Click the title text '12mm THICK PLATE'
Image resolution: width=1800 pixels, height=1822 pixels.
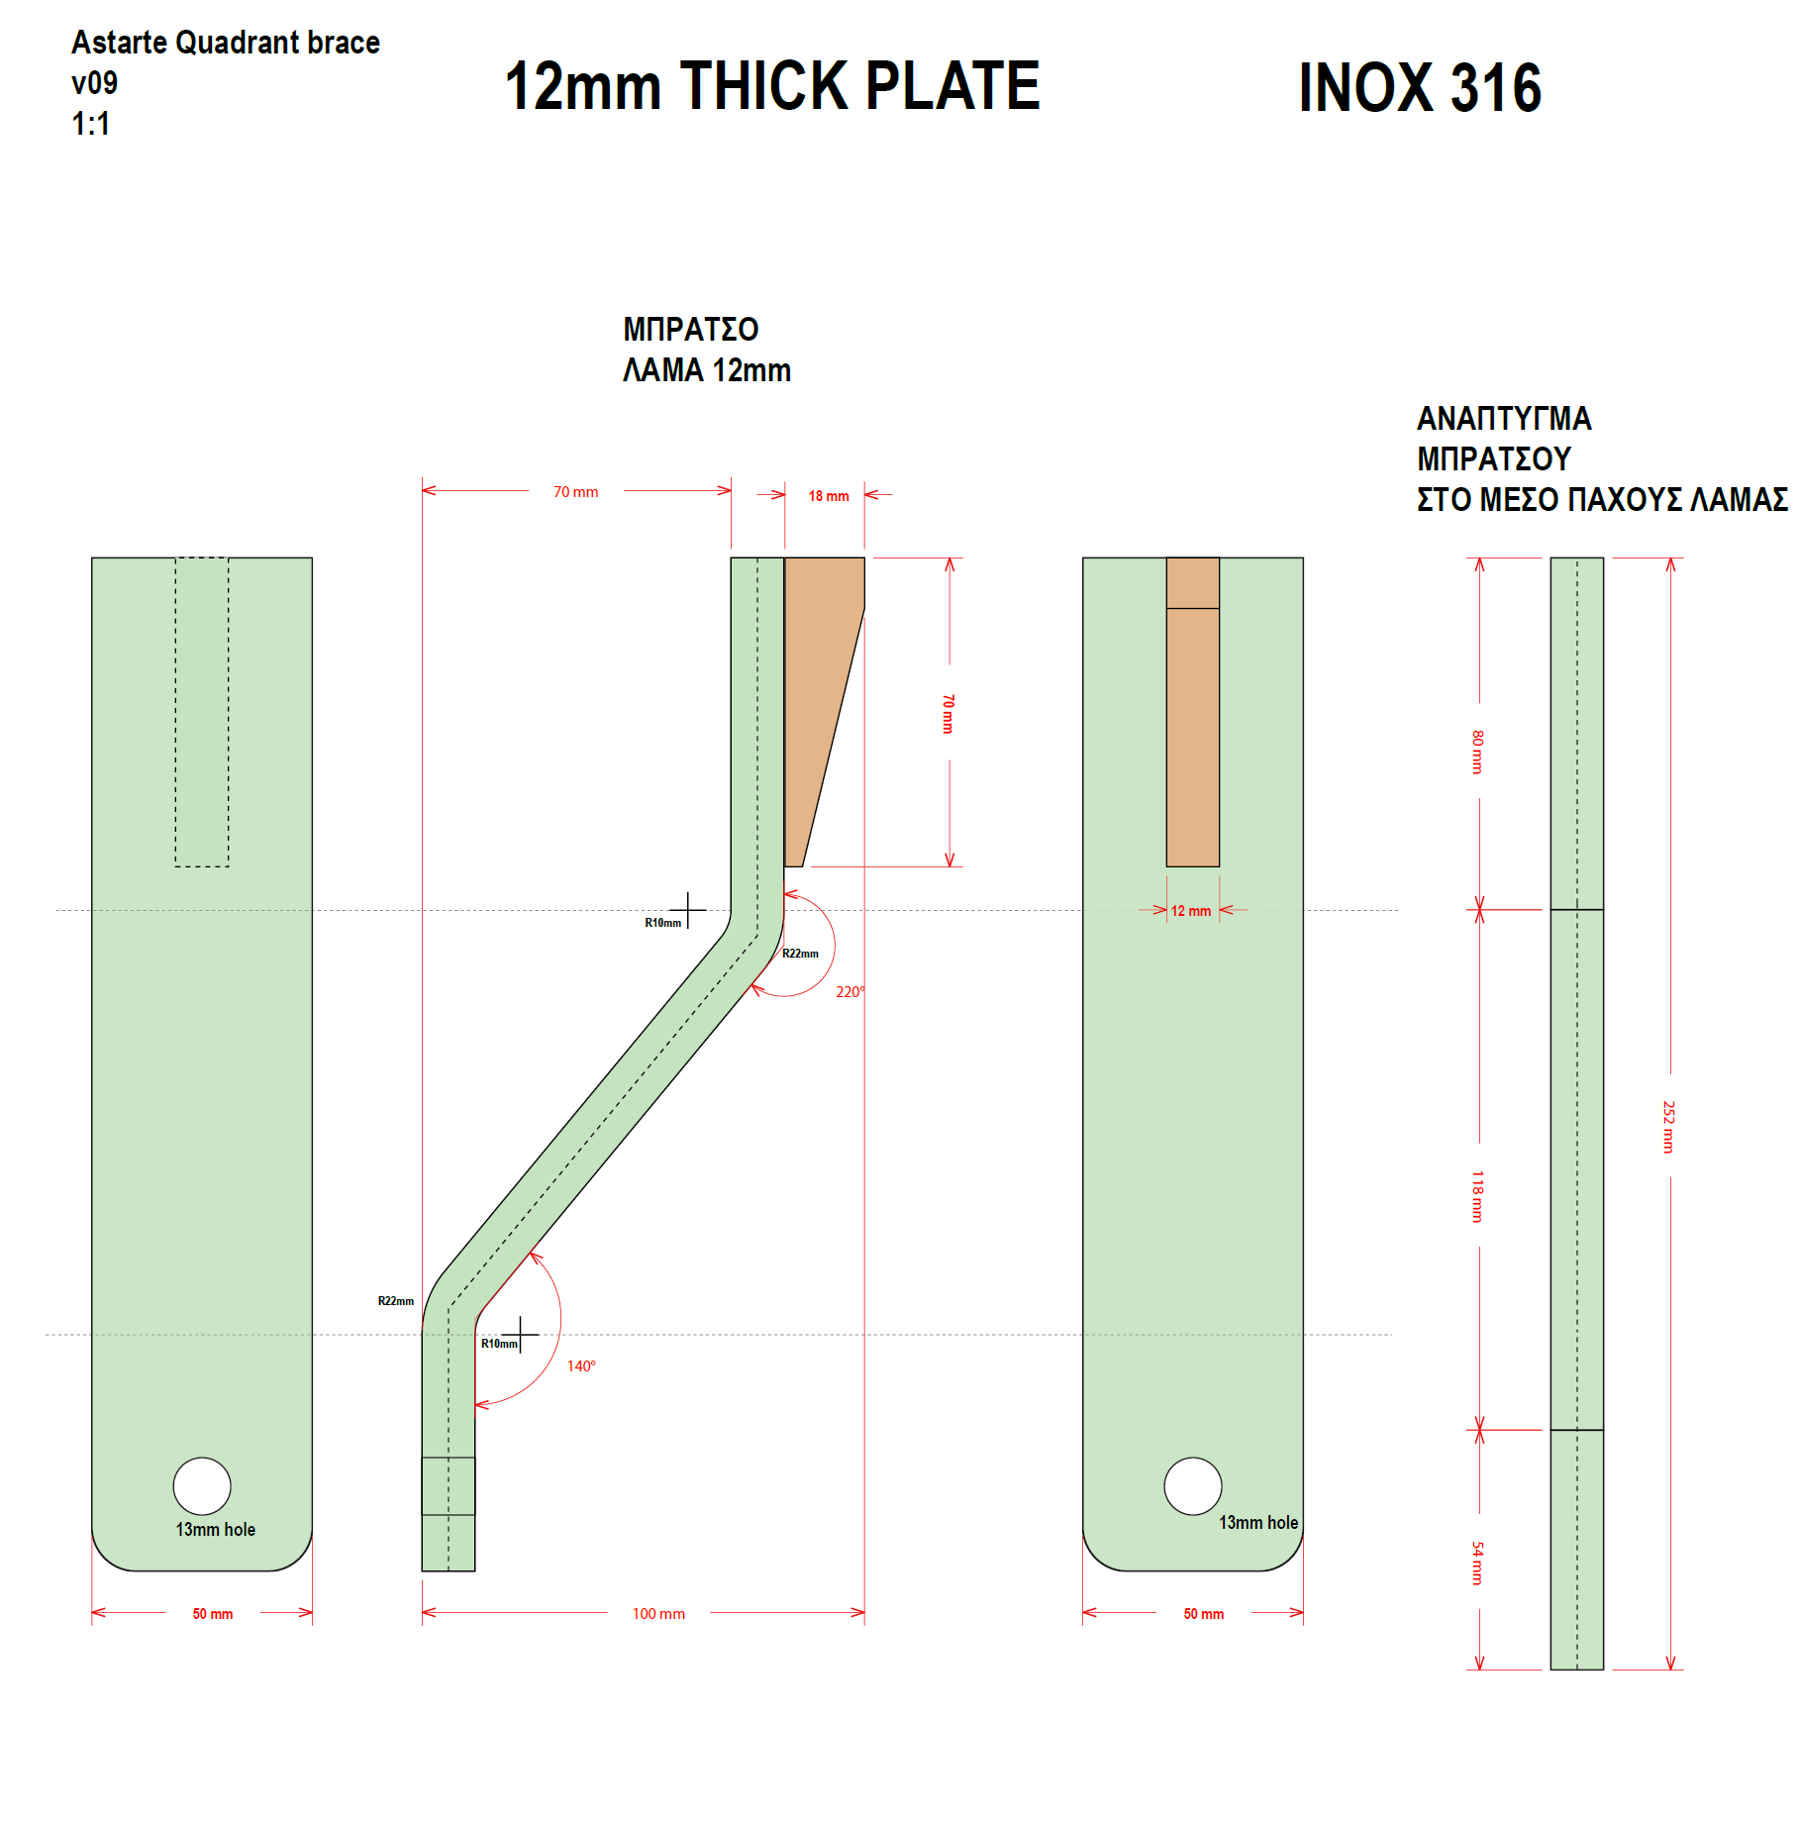point(772,85)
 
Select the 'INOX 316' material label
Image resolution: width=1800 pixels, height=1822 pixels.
point(1420,87)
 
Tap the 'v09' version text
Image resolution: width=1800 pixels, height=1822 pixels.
point(94,82)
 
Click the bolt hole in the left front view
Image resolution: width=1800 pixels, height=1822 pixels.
point(202,1486)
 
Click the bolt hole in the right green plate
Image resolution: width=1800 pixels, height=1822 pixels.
point(1193,1486)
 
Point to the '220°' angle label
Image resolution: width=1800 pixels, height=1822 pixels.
point(850,991)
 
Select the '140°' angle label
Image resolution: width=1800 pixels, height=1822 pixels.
point(581,1366)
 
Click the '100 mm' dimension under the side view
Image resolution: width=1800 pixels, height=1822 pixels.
point(658,1614)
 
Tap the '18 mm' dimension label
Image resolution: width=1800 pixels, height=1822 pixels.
point(829,496)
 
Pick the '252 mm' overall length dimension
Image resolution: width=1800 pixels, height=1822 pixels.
point(1668,1127)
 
